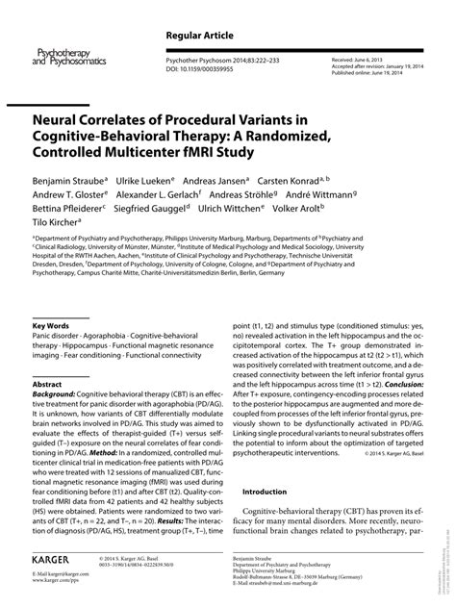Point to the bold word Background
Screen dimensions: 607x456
coord(55,394)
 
